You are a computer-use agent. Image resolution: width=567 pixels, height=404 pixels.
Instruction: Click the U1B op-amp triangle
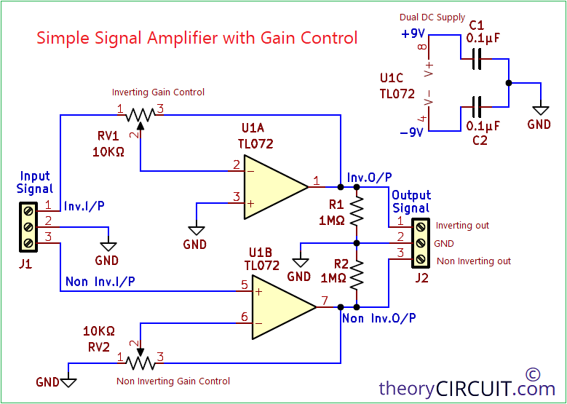pyautogui.click(x=281, y=305)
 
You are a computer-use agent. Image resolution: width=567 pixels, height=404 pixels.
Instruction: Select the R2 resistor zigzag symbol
pyautogui.click(x=357, y=274)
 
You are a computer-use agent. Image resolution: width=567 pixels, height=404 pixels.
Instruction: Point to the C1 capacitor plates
pyautogui.click(x=477, y=60)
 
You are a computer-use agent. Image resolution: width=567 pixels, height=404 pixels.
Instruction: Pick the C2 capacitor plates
pyautogui.click(x=477, y=107)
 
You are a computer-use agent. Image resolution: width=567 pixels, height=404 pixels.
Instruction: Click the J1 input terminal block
pyautogui.click(x=28, y=226)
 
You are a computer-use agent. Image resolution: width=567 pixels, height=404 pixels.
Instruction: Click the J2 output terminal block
pyautogui.click(x=421, y=242)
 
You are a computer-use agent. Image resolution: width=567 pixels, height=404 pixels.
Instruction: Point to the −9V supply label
pyautogui.click(x=413, y=132)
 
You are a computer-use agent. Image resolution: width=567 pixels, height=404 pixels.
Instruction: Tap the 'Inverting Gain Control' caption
pyautogui.click(x=158, y=92)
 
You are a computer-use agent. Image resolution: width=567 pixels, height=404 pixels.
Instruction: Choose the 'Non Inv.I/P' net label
pyautogui.click(x=100, y=281)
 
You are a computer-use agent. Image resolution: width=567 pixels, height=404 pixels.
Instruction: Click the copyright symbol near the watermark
pyautogui.click(x=533, y=374)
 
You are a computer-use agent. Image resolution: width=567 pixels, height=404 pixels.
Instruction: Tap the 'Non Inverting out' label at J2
pyautogui.click(x=473, y=261)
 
